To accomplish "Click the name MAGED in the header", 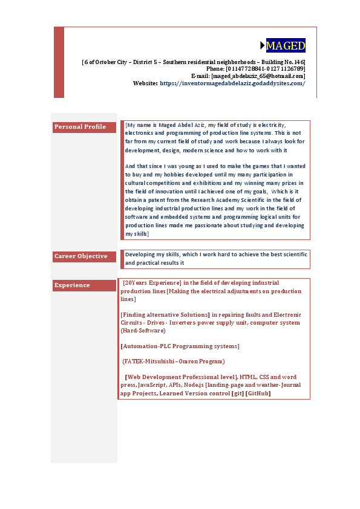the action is click(x=286, y=46).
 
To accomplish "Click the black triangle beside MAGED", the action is click(x=263, y=45).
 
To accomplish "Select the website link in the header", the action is click(x=232, y=83).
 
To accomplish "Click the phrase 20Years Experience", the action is click(x=152, y=282).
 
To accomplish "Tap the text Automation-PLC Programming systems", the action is click(x=180, y=346).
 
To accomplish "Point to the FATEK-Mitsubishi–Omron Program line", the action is click(x=174, y=361).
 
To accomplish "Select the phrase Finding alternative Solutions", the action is click(x=165, y=315).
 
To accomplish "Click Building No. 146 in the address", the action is click(x=283, y=62).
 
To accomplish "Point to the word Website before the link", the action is click(x=145, y=83).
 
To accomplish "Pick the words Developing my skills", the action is click(x=149, y=255).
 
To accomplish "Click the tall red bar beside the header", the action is click(x=59, y=62).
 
